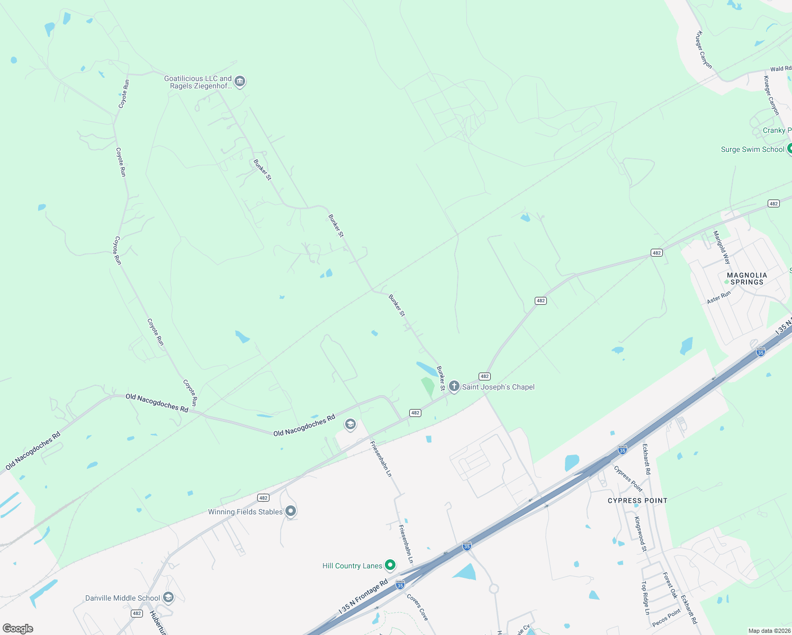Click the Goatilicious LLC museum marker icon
point(239,81)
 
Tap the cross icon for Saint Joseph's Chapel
point(454,386)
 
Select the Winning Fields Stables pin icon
point(291,511)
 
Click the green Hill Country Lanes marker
point(390,565)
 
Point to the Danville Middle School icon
point(168,597)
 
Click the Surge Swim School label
point(752,150)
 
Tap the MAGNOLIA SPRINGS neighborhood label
point(747,278)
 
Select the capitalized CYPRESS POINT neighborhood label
point(637,501)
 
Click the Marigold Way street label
point(722,248)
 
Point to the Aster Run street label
point(719,297)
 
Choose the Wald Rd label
point(780,69)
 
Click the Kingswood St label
point(641,534)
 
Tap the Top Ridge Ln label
point(645,598)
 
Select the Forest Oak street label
point(670,586)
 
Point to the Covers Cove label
point(418,607)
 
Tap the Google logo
point(18,629)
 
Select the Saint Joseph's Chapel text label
point(498,387)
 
